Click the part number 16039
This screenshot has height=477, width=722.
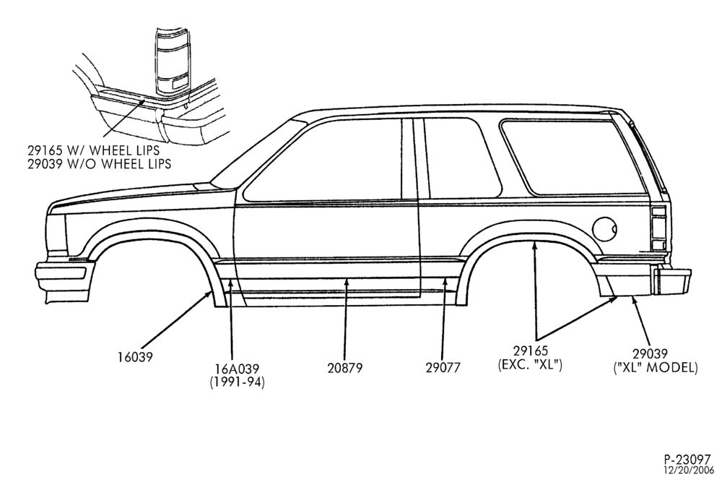click(135, 356)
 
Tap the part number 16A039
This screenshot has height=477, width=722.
click(237, 369)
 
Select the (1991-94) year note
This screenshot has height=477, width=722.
click(237, 382)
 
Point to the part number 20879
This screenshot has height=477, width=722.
click(345, 368)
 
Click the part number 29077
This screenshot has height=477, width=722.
click(443, 368)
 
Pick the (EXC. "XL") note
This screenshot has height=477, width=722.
click(530, 365)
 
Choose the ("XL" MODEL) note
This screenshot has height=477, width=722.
click(656, 367)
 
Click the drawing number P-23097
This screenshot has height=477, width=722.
click(687, 460)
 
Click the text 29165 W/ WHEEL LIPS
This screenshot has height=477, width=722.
click(93, 150)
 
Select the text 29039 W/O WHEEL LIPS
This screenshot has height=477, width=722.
click(99, 163)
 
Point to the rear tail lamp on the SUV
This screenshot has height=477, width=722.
click(659, 229)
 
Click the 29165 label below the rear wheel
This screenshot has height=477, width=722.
click(530, 352)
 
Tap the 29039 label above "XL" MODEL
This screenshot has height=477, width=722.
click(649, 354)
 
